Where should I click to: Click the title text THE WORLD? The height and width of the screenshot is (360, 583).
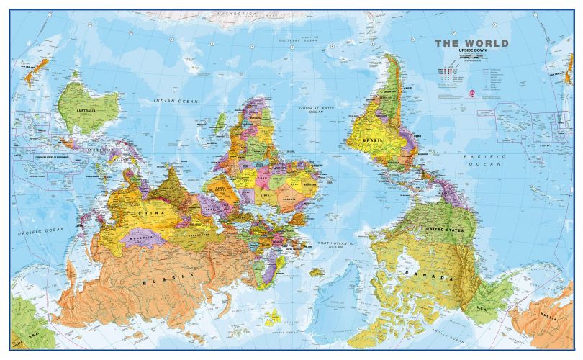[471, 44]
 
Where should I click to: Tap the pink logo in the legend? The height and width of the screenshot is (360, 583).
[472, 92]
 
